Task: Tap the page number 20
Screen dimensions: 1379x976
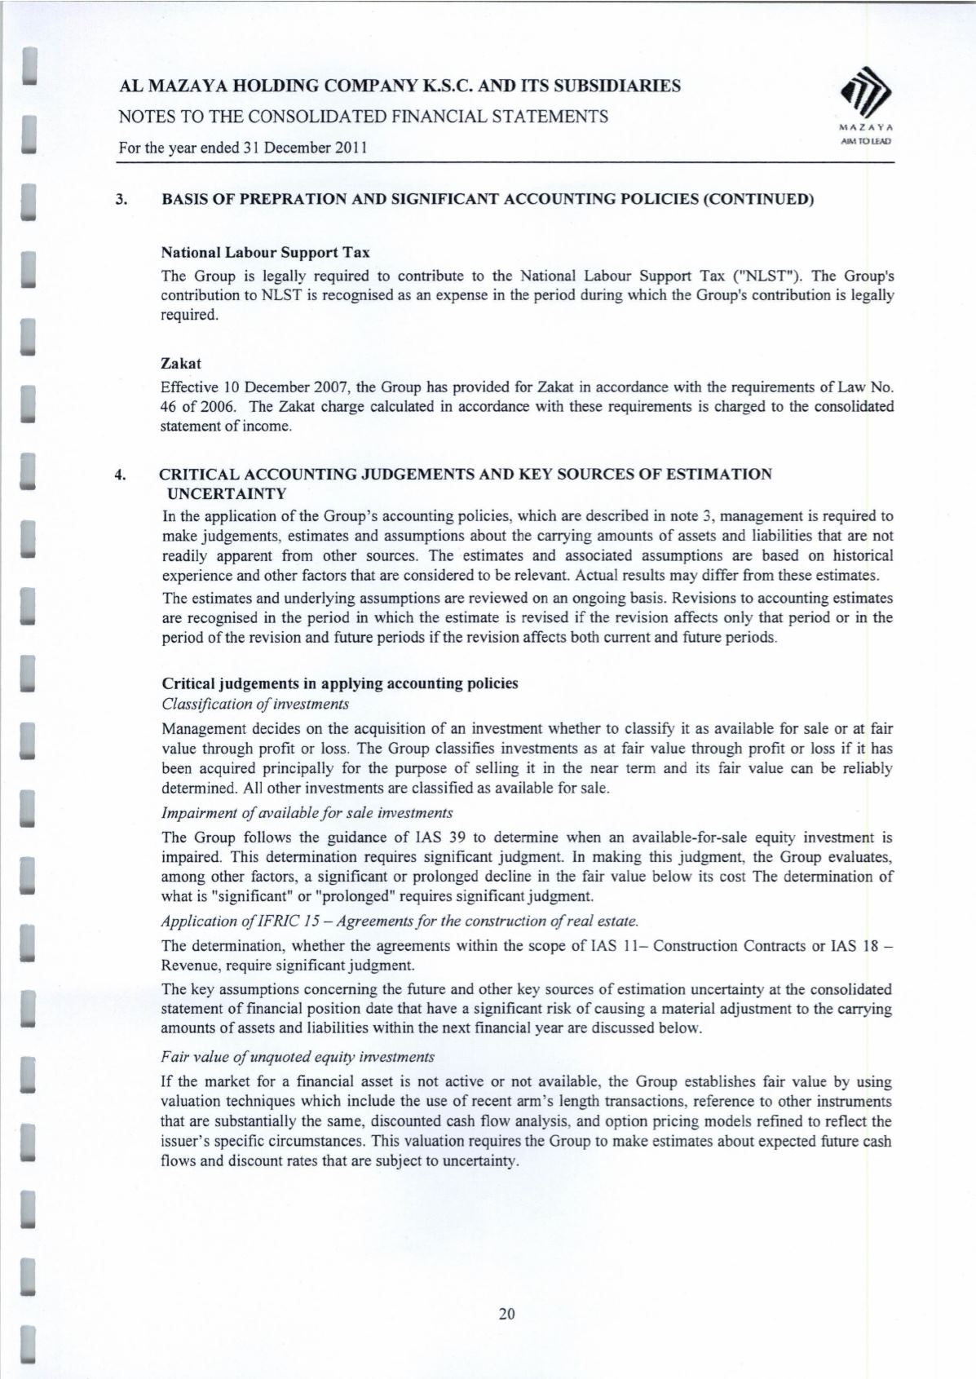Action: click(506, 1314)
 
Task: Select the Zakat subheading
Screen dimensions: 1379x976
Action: click(181, 363)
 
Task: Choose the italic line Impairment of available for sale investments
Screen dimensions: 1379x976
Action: click(307, 813)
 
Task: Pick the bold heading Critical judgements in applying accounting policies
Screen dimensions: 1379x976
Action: click(340, 683)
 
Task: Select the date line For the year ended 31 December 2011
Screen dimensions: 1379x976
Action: click(243, 148)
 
